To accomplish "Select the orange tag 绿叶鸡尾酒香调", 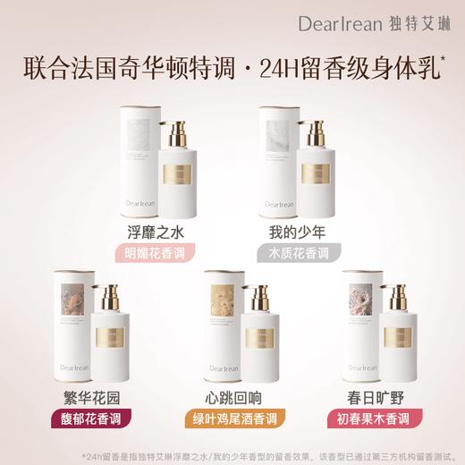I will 232,418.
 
